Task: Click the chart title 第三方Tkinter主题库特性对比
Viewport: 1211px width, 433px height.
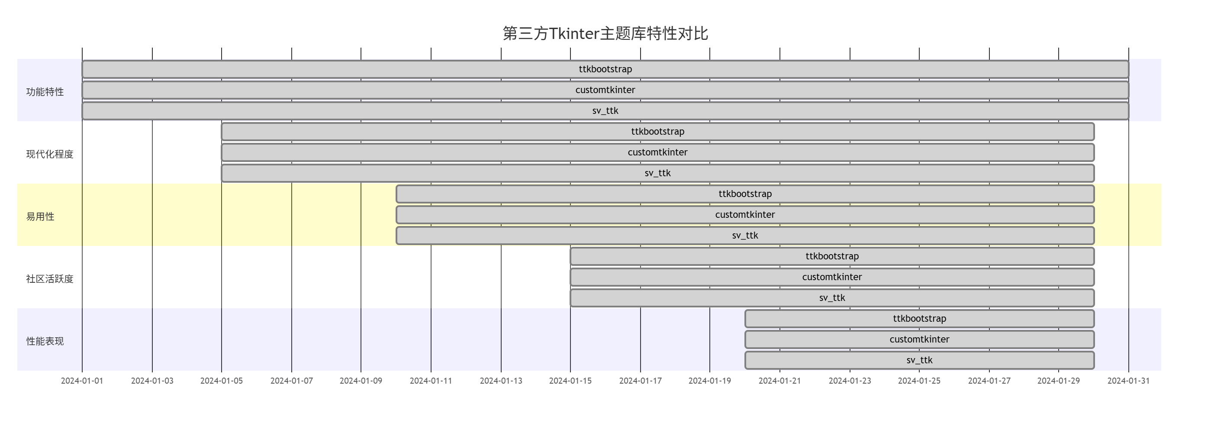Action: (605, 33)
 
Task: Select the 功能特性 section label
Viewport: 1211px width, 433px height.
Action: (45, 92)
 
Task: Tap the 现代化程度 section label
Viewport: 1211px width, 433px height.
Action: (50, 154)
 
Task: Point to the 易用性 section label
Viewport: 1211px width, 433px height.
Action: (40, 217)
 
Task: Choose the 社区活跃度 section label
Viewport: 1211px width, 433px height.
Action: (50, 279)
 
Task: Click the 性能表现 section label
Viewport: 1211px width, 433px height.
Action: (45, 341)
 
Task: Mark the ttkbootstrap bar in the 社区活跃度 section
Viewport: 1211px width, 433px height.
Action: (705, 256)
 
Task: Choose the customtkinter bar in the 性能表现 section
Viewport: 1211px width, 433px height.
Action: (823, 339)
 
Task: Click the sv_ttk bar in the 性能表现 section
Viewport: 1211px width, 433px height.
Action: (823, 360)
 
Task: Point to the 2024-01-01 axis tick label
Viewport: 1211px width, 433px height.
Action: (82, 381)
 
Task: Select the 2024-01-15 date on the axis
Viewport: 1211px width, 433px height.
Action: (570, 381)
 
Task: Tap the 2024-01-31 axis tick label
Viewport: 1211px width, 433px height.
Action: (1128, 381)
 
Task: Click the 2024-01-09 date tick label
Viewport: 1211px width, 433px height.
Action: (361, 381)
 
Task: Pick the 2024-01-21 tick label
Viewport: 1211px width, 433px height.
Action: (779, 381)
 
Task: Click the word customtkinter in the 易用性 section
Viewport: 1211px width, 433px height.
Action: (745, 215)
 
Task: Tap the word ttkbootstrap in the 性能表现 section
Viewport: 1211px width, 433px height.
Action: (920, 319)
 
